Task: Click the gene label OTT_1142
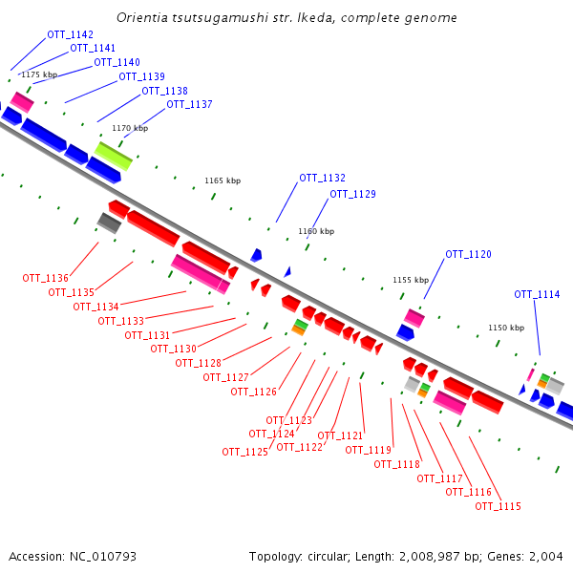point(70,35)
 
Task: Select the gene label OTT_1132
point(322,179)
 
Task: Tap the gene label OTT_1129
point(352,195)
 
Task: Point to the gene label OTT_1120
point(468,255)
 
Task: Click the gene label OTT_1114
point(537,295)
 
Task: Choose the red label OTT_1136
point(46,279)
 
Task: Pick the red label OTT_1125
point(244,453)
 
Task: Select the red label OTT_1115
point(498,506)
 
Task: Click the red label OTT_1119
point(368,450)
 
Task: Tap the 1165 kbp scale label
point(223,180)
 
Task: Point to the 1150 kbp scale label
point(505,328)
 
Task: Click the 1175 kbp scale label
point(39,74)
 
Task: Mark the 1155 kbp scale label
point(411,280)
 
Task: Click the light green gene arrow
point(114,156)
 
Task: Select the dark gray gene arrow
point(109,223)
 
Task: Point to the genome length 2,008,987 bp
point(450,556)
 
